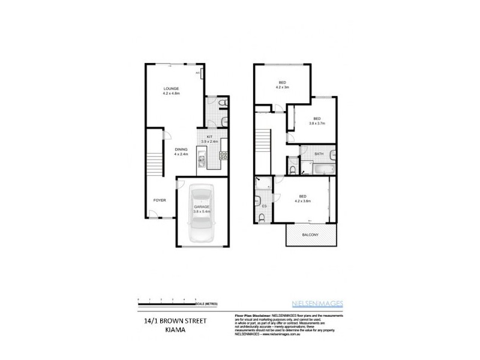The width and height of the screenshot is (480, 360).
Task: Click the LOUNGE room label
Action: [172, 89]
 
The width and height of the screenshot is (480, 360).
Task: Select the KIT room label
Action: [209, 137]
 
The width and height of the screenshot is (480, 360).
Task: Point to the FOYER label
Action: [160, 200]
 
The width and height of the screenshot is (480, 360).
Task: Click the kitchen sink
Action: [203, 160]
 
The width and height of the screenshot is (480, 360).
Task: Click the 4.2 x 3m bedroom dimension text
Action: [281, 88]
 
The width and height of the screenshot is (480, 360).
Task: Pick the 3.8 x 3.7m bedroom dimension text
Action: [316, 124]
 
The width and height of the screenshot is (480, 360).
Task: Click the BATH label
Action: [319, 154]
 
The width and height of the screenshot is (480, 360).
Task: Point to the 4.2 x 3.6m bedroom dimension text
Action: [302, 200]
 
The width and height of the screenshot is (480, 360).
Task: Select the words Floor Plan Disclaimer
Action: [246, 315]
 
